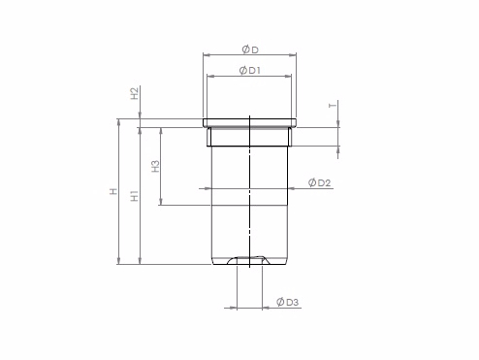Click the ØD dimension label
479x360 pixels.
[x=250, y=49]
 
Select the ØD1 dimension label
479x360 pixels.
[x=250, y=71]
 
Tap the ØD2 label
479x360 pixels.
[x=319, y=182]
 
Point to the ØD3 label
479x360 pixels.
[x=288, y=302]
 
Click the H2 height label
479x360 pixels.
[x=135, y=93]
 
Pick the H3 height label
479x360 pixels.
[x=156, y=166]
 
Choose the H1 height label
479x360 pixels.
[x=135, y=196]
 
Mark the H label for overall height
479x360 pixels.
[x=113, y=191]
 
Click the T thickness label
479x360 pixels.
[x=332, y=105]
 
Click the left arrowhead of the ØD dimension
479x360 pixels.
[x=207, y=55]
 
